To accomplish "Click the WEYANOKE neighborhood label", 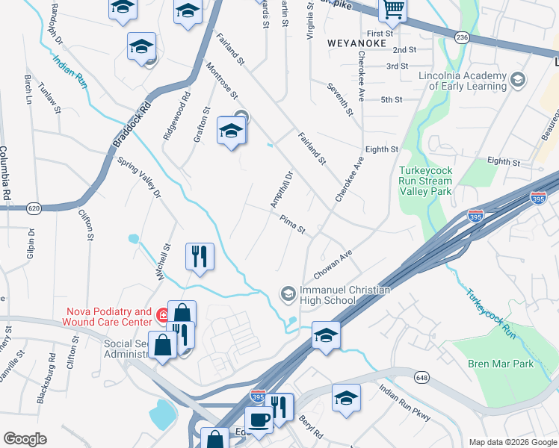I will point(356,43).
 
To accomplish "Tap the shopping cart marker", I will point(392,10).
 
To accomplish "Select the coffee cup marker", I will point(259,420).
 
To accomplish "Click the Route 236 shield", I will point(463,37).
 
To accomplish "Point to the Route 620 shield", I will point(34,208).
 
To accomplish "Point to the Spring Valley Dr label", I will point(138,177).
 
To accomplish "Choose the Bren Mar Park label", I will point(502,364).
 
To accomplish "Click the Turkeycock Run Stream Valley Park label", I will point(425,181).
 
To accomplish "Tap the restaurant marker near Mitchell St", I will point(200,256).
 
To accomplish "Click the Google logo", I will point(25,439).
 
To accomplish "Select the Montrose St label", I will point(222,81).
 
